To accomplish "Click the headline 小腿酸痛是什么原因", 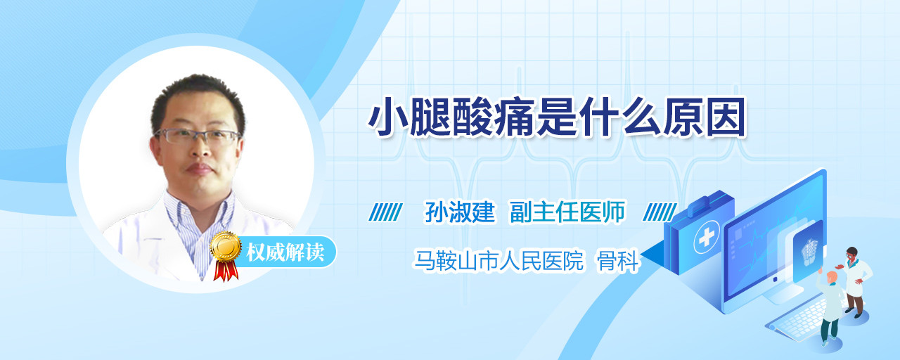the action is tap(557, 117).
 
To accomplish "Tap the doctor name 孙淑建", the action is tap(460, 212).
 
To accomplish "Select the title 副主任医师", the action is tap(567, 212).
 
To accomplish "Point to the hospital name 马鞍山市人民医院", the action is tap(499, 260).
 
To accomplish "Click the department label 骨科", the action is tap(618, 261).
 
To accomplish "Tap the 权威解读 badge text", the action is tap(285, 252).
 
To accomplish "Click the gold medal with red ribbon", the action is tap(226, 255).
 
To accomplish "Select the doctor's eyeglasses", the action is tap(197, 136).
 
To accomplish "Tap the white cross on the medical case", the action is tap(706, 237).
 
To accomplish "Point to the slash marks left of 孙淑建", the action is tap(385, 212).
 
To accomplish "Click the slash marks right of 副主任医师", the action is tap(660, 212).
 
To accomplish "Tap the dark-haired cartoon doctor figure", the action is tap(854, 282).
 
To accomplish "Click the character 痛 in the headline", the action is tap(515, 117).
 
